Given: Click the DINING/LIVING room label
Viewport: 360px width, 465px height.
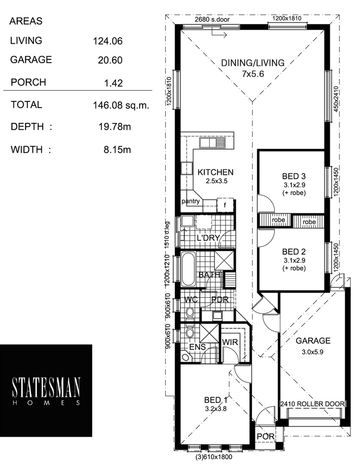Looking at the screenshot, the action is pyautogui.click(x=252, y=63).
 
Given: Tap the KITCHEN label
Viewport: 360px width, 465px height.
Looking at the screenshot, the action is pyautogui.click(x=216, y=172).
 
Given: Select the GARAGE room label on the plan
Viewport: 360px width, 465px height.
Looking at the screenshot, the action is pyautogui.click(x=313, y=341).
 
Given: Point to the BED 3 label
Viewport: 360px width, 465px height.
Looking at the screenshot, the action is pyautogui.click(x=293, y=176).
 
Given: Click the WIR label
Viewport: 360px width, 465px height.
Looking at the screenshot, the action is pyautogui.click(x=230, y=342).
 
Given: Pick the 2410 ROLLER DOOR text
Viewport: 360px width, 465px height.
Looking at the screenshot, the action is pyautogui.click(x=313, y=404).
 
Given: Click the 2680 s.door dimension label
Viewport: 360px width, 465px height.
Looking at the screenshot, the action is pyautogui.click(x=212, y=19).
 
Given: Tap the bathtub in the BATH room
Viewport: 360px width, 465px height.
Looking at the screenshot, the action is pyautogui.click(x=188, y=269).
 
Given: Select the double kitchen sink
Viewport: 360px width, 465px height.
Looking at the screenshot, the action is pyautogui.click(x=212, y=143).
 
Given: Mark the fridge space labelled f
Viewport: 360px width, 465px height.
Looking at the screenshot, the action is pyautogui.click(x=225, y=205).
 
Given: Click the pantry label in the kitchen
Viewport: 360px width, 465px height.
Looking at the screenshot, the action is pyautogui.click(x=190, y=201).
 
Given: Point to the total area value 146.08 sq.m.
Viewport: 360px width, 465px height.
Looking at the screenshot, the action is pyautogui.click(x=121, y=105).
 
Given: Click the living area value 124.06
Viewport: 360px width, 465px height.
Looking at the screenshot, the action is pyautogui.click(x=108, y=41).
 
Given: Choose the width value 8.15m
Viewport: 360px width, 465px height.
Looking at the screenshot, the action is pyautogui.click(x=117, y=149).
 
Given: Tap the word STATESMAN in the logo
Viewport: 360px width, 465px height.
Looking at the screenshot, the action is pyautogui.click(x=46, y=388).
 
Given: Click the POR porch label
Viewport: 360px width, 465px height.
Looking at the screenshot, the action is pyautogui.click(x=265, y=436).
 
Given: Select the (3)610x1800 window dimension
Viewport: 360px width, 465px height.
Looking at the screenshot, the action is pyautogui.click(x=214, y=457).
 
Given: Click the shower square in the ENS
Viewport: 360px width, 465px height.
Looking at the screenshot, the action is pyautogui.click(x=209, y=333).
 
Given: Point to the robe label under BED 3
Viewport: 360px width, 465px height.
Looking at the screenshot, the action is pyautogui.click(x=278, y=220).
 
